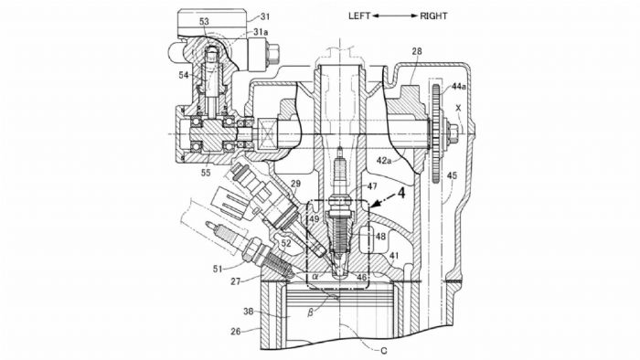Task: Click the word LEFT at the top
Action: (x=359, y=16)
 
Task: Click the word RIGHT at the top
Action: (x=433, y=16)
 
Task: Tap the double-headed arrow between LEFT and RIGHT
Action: (x=395, y=16)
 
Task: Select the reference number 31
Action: (x=265, y=16)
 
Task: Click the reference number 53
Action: (x=204, y=21)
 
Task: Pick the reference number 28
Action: (x=417, y=51)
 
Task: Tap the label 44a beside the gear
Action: (x=458, y=87)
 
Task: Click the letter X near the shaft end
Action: (x=458, y=108)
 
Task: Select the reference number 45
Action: (x=452, y=175)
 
